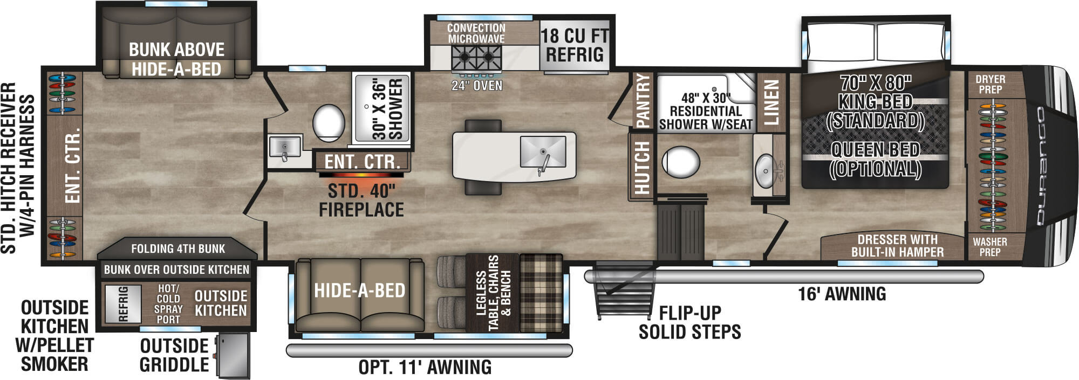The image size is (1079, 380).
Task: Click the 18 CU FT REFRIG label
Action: pos(575,45)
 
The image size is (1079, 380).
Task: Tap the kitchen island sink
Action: pos(542,152)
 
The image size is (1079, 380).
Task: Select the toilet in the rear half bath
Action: pos(329,123)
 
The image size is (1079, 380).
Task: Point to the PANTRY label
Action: pos(643,101)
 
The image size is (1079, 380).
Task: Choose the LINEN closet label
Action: pos(772,102)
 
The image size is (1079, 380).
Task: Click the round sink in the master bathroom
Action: pos(765,171)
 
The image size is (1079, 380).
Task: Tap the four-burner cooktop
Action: pos(476,56)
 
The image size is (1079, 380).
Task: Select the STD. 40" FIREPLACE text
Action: pos(361,200)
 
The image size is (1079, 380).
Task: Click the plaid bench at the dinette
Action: pos(541,293)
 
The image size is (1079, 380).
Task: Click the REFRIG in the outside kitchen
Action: pos(122,303)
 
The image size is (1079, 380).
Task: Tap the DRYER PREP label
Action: pos(990,85)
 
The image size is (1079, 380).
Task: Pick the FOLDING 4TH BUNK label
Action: pos(178,249)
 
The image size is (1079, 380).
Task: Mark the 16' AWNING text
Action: pos(842,294)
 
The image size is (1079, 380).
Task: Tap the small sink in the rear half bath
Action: pos(284,147)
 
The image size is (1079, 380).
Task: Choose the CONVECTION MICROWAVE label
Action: pos(476,33)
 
